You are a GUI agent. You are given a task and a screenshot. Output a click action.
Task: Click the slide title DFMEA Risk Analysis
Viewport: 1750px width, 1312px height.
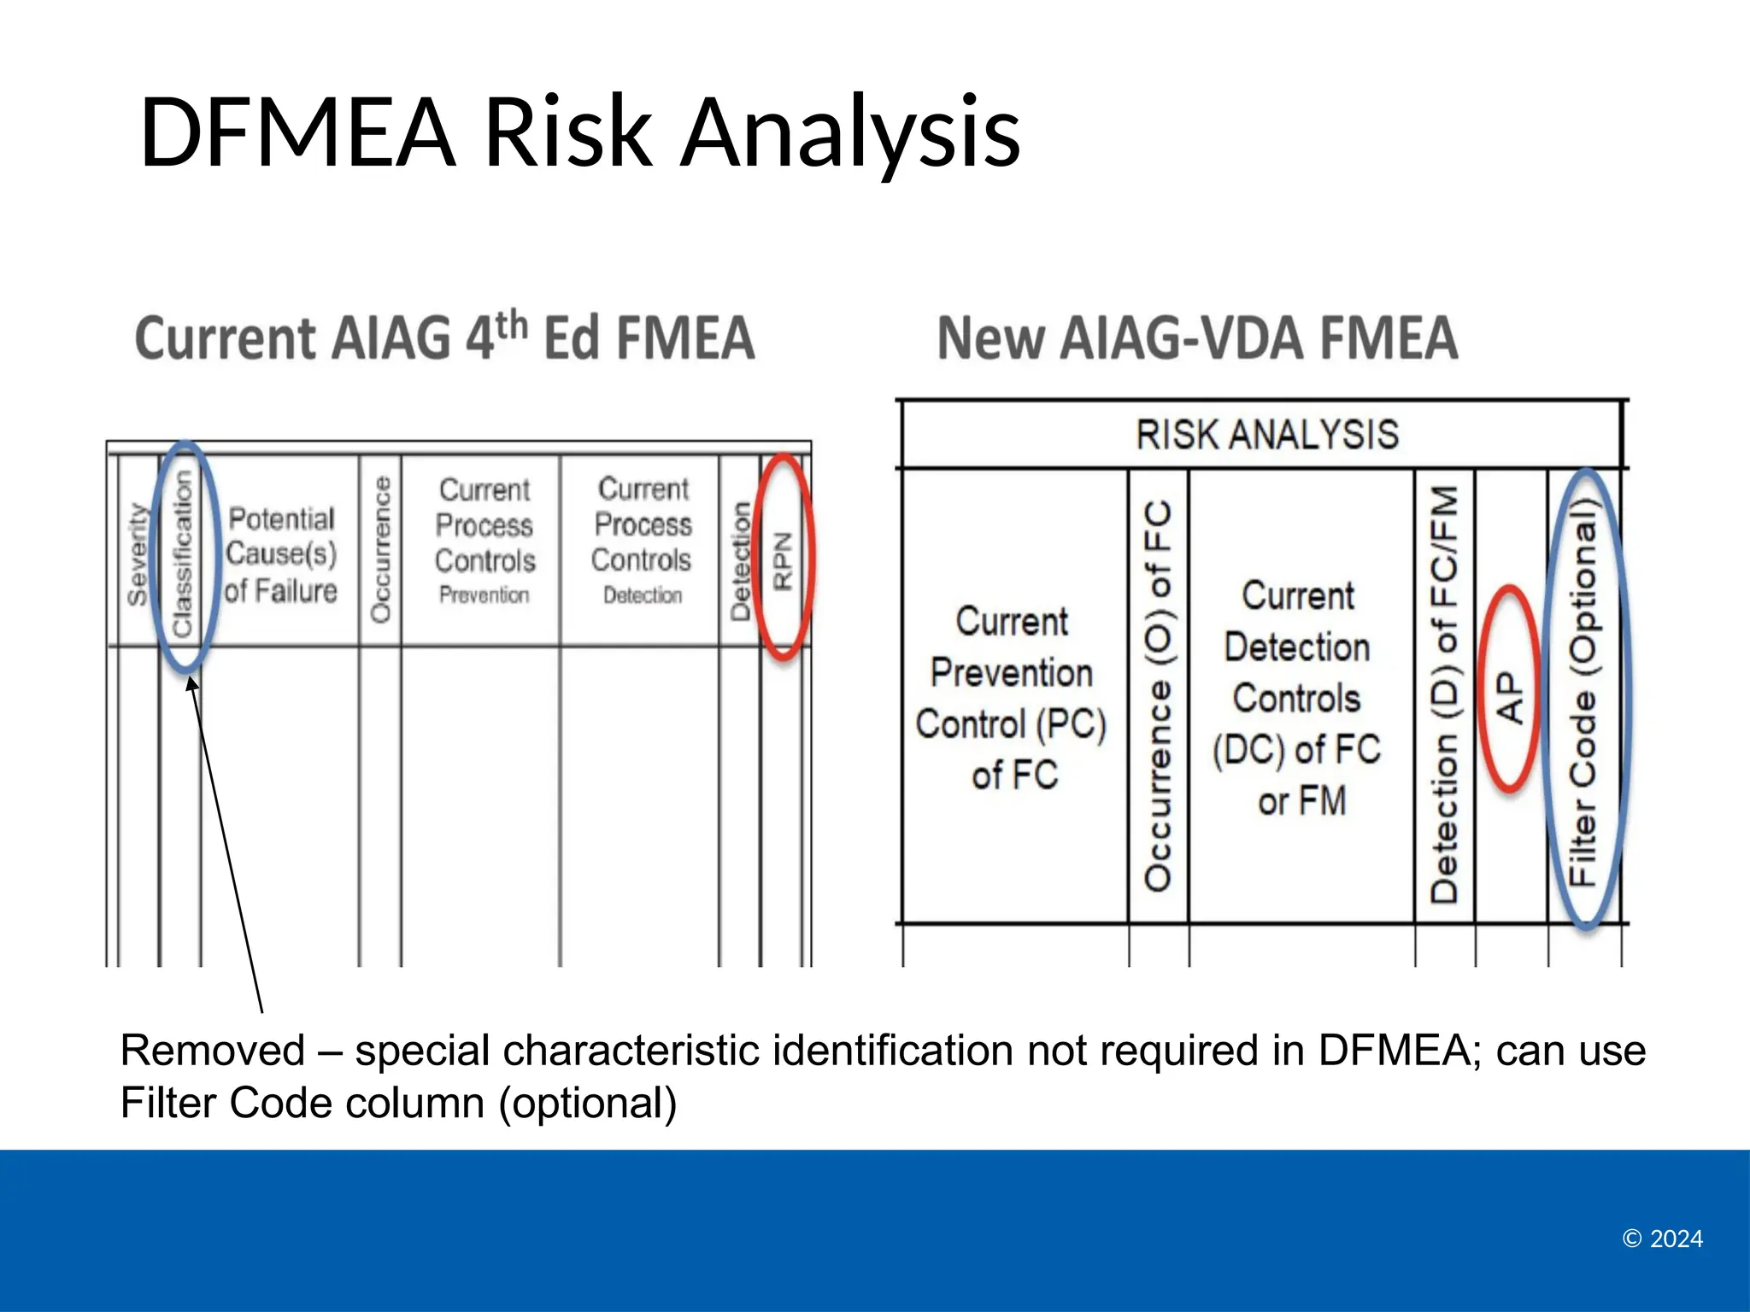coord(579,132)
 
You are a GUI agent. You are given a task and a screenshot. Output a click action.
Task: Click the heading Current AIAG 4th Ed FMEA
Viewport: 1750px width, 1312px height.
coord(444,337)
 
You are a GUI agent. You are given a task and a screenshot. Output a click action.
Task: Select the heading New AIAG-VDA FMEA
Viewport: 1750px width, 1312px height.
coord(1197,338)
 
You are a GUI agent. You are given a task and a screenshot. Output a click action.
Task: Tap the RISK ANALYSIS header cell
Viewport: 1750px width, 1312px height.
coord(1266,435)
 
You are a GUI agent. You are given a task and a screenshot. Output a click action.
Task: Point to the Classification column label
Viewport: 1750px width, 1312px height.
coord(183,555)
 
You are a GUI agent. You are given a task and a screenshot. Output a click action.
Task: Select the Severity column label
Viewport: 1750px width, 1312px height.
coord(137,555)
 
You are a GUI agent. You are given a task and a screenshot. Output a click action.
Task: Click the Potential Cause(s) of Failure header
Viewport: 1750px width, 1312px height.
coord(281,554)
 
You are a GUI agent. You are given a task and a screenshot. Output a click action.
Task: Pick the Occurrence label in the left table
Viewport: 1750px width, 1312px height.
coord(381,549)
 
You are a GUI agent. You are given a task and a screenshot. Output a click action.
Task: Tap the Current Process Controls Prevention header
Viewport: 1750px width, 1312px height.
coord(484,540)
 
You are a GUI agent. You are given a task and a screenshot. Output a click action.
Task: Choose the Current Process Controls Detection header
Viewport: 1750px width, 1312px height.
coord(643,540)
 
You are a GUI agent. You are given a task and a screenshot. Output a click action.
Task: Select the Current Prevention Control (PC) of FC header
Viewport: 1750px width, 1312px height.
coord(1013,698)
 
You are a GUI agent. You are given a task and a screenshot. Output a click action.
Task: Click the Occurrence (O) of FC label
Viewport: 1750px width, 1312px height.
coord(1158,696)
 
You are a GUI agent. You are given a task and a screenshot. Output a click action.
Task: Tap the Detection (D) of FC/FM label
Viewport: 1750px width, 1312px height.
coord(1445,694)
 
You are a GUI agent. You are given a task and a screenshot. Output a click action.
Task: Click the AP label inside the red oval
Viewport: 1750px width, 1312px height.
coord(1510,697)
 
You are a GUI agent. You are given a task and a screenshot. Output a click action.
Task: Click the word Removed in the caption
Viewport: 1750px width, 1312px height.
coord(213,1051)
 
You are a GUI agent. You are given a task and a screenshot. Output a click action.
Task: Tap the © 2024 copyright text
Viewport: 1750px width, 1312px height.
coord(1662,1239)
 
